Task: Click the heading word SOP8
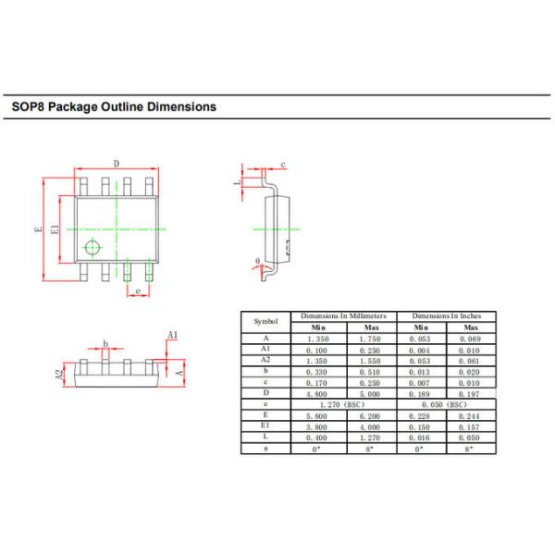[27, 106]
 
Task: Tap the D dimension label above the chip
[116, 165]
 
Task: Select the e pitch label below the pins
[138, 291]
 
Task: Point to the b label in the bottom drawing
[106, 344]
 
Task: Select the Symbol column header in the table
[265, 321]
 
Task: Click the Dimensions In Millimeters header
[344, 316]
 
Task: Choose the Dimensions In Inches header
[446, 316]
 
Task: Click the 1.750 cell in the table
[371, 339]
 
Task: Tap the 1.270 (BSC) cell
[344, 404]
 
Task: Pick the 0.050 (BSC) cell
[446, 404]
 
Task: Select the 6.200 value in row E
[371, 415]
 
